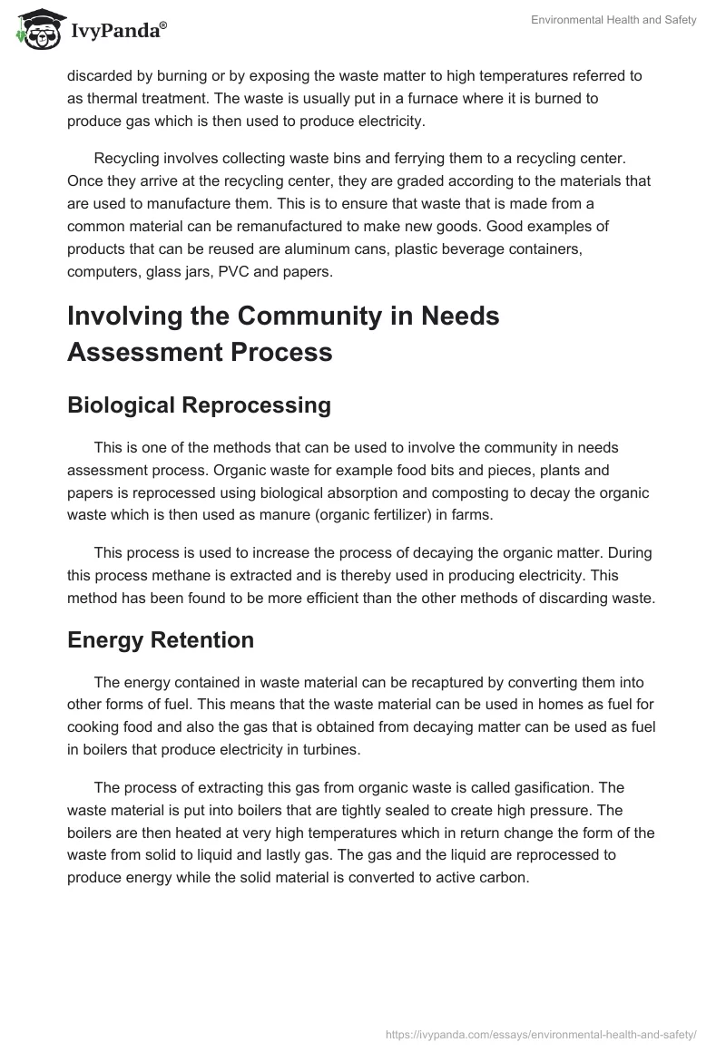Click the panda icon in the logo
point(35,29)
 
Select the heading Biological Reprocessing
point(199,405)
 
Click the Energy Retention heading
point(161,640)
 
